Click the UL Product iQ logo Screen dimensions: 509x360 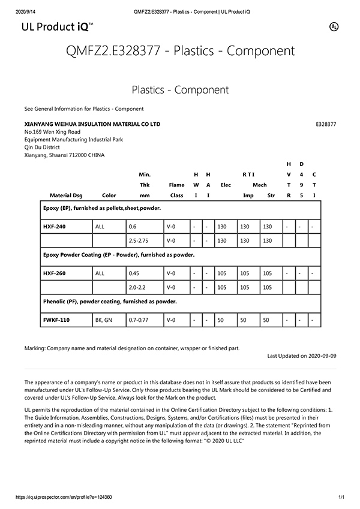pos(57,27)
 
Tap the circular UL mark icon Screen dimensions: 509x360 pos(333,26)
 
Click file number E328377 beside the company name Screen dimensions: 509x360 pos(326,124)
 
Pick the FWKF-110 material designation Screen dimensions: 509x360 pos(56,320)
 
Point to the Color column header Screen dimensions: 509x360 pos(109,195)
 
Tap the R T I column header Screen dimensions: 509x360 pos(248,174)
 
